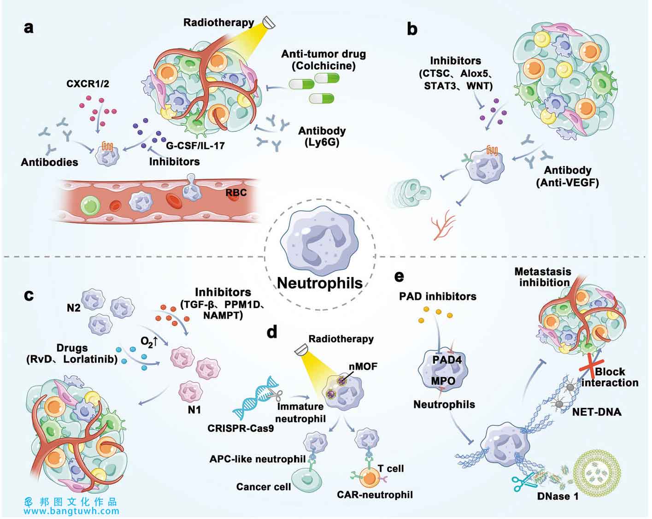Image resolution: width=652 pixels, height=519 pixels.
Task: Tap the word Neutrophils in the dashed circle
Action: (320, 283)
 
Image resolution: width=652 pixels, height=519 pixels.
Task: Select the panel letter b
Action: (412, 29)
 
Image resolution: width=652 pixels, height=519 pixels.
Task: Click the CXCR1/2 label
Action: (88, 84)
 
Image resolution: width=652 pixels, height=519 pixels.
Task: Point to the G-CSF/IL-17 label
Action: (195, 146)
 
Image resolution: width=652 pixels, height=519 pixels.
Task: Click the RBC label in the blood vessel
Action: (236, 193)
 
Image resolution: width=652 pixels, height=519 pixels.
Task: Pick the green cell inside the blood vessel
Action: (90, 205)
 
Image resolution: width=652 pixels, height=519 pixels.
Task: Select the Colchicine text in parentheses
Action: (323, 66)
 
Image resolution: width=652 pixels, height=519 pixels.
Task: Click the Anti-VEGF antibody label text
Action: (568, 183)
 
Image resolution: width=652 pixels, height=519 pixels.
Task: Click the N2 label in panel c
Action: (74, 308)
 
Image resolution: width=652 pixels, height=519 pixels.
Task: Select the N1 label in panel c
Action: (194, 410)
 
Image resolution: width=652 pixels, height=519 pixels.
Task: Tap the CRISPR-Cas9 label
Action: (241, 428)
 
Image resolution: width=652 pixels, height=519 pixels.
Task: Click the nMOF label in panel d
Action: (363, 366)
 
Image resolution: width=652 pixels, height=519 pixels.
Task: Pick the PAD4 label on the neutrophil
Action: (447, 360)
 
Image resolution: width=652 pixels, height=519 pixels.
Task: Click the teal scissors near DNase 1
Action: (520, 482)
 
